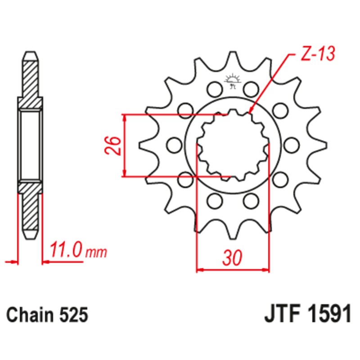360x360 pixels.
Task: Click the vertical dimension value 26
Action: pyautogui.click(x=113, y=145)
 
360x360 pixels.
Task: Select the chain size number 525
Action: pyautogui.click(x=72, y=315)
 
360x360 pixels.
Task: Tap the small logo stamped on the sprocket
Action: pyautogui.click(x=233, y=81)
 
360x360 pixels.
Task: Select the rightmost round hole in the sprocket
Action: pyautogui.click(x=292, y=145)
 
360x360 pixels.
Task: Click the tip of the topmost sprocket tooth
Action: pyautogui.click(x=233, y=54)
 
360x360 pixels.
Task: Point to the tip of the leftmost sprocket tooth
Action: pyautogui.click(x=141, y=145)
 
